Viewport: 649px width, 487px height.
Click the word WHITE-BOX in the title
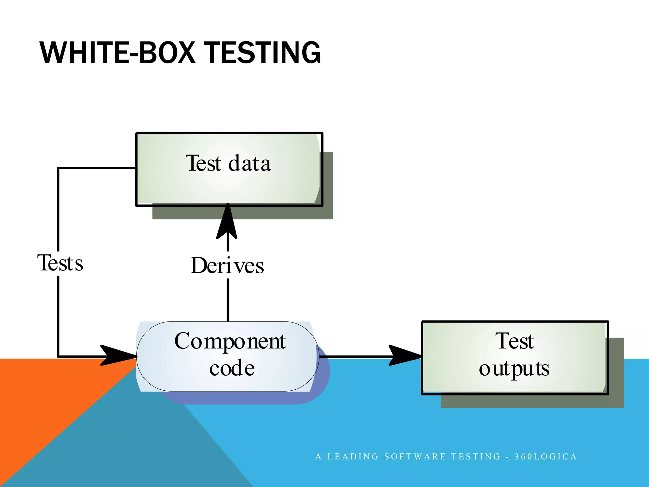[x=117, y=53]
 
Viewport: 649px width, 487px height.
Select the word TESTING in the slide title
[x=263, y=53]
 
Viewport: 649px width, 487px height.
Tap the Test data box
[x=229, y=184]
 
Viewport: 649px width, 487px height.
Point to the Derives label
[x=227, y=266]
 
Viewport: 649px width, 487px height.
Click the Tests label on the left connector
[x=60, y=263]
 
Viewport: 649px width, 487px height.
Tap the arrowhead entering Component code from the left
[x=117, y=356]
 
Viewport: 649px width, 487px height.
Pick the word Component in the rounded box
[x=230, y=342]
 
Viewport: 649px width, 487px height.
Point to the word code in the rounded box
[x=232, y=368]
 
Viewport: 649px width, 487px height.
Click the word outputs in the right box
[x=514, y=369]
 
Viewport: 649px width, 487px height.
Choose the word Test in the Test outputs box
[x=515, y=341]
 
